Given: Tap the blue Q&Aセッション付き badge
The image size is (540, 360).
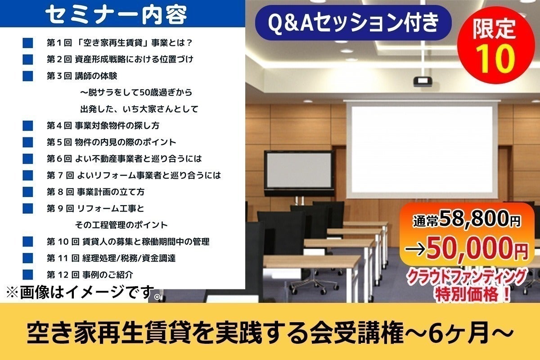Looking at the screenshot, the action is pyautogui.click(x=353, y=22).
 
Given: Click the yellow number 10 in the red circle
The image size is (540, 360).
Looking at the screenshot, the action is pyautogui.click(x=495, y=59).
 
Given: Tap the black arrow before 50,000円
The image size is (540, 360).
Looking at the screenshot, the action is pyautogui.click(x=414, y=250).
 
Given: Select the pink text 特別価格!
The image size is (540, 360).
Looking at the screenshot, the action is pyautogui.click(x=472, y=294).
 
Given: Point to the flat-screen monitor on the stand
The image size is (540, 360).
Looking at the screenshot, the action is pyautogui.click(x=299, y=173).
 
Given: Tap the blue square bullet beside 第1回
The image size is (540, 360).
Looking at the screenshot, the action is pyautogui.click(x=28, y=43).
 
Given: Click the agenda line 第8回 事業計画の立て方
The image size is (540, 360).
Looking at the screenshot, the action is pyautogui.click(x=95, y=192).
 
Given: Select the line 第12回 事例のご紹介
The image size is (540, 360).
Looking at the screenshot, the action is pyautogui.click(x=90, y=274).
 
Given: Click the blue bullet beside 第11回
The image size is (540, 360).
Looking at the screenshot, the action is pyautogui.click(x=28, y=258).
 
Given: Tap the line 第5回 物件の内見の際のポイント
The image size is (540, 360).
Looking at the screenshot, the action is pyautogui.click(x=112, y=142).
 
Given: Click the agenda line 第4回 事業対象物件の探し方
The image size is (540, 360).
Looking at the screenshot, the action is pyautogui.click(x=103, y=126).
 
